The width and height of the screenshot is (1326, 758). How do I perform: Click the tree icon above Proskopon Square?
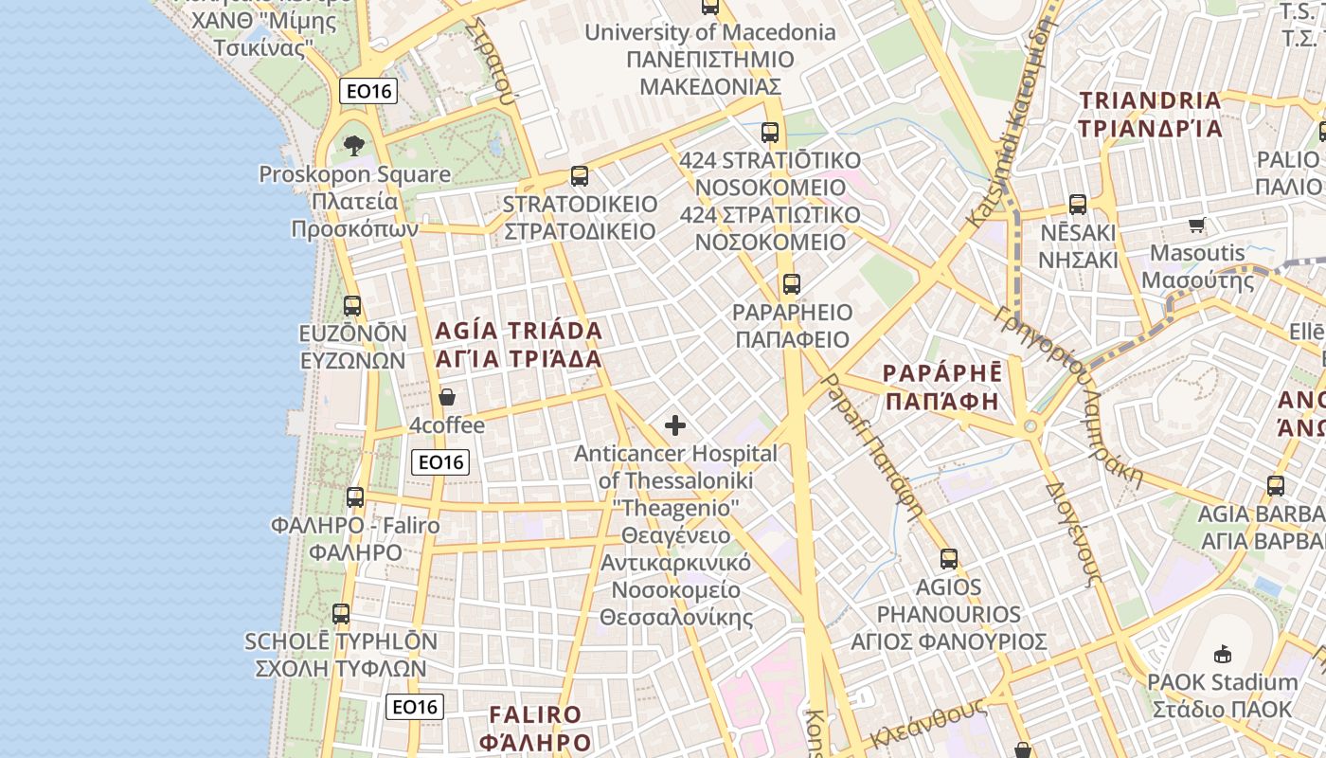(354, 146)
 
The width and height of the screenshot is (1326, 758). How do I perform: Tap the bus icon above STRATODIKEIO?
(579, 176)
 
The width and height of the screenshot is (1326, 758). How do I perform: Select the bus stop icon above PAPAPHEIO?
(791, 283)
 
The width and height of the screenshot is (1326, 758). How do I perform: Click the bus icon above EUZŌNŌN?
(352, 306)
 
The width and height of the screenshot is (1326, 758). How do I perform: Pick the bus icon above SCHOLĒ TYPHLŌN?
(341, 614)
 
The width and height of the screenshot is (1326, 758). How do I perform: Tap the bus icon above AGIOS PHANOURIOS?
(948, 559)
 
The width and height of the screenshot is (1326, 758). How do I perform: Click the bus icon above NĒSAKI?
(1077, 205)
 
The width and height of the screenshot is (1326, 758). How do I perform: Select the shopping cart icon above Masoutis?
(1196, 226)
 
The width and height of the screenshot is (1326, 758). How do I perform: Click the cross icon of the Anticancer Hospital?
(675, 425)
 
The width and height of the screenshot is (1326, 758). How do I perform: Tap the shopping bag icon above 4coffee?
(446, 397)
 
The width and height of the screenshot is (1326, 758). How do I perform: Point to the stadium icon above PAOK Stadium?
(1222, 654)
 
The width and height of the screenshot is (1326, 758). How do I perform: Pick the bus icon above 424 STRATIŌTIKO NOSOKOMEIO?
(770, 133)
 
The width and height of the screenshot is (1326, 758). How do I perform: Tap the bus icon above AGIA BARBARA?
(1276, 486)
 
